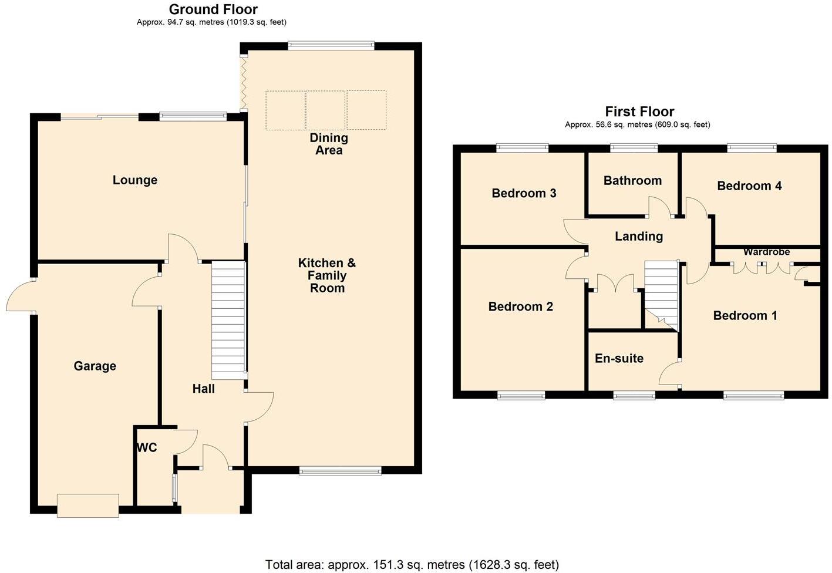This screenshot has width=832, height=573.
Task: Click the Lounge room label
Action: (x=135, y=180)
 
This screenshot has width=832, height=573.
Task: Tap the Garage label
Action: (x=95, y=366)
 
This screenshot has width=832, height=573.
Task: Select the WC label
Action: (x=147, y=447)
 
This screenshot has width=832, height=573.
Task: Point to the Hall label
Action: (x=204, y=389)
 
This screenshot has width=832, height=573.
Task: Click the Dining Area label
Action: (x=329, y=144)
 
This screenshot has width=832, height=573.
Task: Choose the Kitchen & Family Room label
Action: (x=327, y=275)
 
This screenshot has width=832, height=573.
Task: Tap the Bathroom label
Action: (x=632, y=180)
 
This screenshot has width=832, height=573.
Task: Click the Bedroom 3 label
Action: (x=524, y=193)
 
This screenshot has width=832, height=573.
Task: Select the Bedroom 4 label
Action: (x=749, y=186)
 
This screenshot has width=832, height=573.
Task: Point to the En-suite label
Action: (x=619, y=358)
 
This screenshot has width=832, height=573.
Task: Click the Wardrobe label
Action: (x=767, y=252)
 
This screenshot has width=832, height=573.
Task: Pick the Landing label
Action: (x=639, y=236)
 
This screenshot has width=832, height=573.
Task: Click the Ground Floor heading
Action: (x=213, y=9)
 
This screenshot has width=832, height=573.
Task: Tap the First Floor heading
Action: (x=639, y=112)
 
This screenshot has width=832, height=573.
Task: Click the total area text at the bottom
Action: (x=412, y=565)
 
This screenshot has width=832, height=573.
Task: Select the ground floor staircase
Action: (x=228, y=320)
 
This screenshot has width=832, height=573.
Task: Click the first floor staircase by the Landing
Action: (x=662, y=295)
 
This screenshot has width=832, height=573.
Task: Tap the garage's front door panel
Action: (x=88, y=505)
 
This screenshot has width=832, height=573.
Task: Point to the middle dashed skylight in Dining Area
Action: (x=326, y=110)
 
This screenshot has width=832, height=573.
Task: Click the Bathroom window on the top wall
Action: (x=634, y=148)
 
